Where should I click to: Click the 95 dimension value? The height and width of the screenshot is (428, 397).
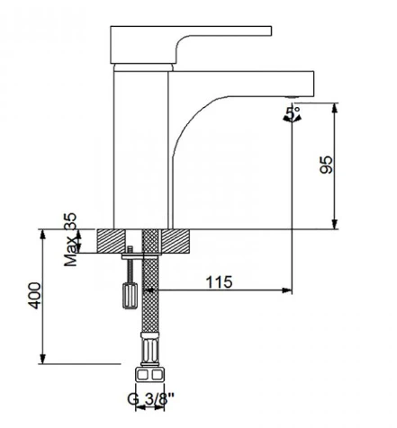point(327,165)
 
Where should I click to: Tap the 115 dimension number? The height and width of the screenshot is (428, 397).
point(219,281)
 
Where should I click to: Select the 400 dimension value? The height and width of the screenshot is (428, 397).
point(34,296)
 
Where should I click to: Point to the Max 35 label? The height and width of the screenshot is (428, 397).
point(71,239)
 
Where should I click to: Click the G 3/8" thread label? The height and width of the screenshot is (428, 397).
point(150,399)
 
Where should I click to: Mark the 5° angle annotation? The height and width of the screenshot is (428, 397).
point(293,113)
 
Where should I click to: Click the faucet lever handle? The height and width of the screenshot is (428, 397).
point(191,45)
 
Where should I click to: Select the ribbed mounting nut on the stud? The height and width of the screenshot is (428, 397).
point(130,295)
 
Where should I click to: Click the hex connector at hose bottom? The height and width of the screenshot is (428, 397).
point(150,375)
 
